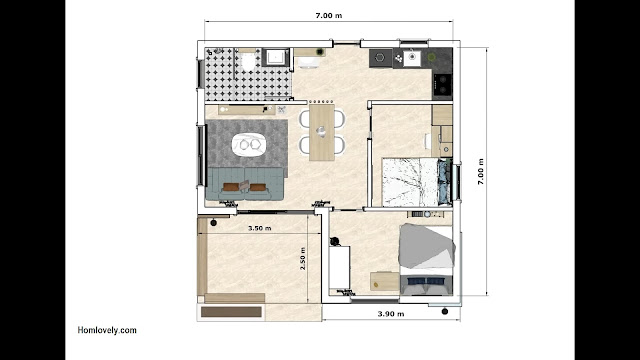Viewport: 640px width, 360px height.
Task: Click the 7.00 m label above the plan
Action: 329,16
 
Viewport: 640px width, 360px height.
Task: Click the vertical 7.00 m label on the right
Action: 480,171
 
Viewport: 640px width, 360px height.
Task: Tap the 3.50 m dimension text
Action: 260,228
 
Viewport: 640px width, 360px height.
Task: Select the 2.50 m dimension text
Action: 303,258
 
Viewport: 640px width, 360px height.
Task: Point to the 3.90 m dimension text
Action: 391,314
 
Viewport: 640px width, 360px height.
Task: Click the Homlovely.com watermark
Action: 107,330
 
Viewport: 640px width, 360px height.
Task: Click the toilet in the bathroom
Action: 248,60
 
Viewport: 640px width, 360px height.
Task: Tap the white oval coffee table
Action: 249,144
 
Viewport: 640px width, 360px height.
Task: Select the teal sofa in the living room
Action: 245,184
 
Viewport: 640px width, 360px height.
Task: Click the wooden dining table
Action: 322,132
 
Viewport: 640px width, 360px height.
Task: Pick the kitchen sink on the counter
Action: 412,57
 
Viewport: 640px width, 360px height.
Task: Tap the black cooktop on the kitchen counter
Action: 442,84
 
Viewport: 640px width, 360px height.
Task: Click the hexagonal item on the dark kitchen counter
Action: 380,58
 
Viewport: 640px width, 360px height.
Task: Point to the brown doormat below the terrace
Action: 231,312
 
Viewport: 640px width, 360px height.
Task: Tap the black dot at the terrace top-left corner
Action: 213,223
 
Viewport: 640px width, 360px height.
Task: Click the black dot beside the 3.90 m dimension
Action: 445,311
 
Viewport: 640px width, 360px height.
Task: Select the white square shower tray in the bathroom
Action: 276,57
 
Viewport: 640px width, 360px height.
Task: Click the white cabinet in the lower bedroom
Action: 339,267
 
